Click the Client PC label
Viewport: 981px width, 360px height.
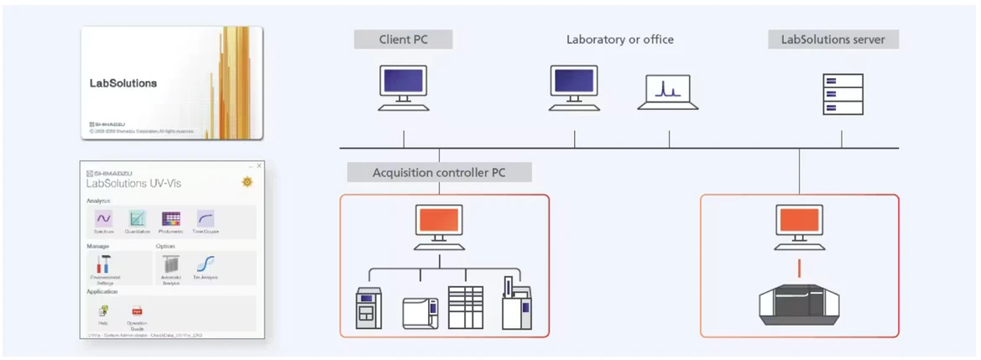[403, 39]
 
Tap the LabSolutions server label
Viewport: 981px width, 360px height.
[832, 39]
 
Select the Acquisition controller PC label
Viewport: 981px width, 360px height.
[439, 173]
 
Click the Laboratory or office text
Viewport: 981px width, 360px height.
[619, 39]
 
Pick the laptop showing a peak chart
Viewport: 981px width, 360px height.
[668, 91]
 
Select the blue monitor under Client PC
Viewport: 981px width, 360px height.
[404, 84]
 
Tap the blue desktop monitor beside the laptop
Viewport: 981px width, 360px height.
[574, 84]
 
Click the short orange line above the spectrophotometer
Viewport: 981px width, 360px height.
[799, 269]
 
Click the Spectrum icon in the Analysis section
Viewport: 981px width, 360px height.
[104, 219]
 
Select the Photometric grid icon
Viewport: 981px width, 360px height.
[171, 219]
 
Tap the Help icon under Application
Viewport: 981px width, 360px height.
[103, 311]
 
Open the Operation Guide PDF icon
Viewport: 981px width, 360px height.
[137, 311]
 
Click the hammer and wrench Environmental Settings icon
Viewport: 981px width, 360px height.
[104, 264]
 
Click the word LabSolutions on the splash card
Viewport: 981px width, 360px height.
[123, 84]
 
